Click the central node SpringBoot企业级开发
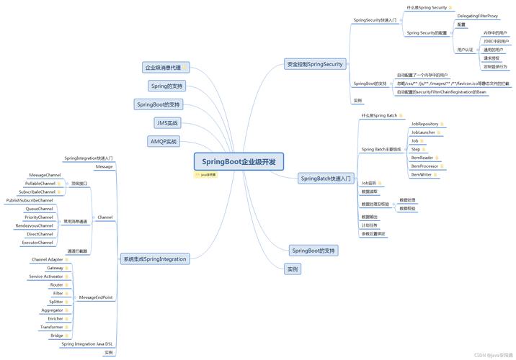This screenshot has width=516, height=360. [x=239, y=161]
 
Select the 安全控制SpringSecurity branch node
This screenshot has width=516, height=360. [x=313, y=64]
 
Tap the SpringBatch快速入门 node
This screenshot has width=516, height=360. [x=326, y=178]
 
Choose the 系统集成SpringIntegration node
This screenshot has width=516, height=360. [x=154, y=258]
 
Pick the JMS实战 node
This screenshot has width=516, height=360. [x=166, y=123]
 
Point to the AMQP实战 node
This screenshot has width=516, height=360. [x=163, y=141]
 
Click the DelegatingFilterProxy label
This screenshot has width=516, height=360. [x=477, y=15]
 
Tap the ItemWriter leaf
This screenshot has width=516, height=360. [x=422, y=174]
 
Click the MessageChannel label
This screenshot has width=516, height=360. [x=45, y=175]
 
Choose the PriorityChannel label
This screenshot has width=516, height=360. [x=39, y=217]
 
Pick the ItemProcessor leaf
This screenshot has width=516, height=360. [x=426, y=166]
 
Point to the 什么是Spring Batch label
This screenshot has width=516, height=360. [x=379, y=115]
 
